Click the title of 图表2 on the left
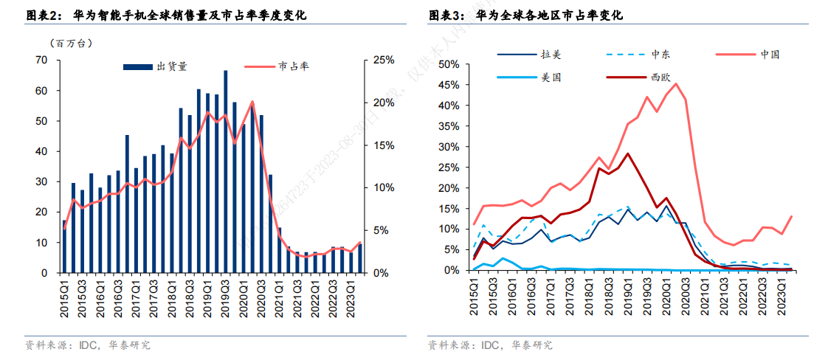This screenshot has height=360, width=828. coord(165,15)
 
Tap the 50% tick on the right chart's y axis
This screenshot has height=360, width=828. coord(449,64)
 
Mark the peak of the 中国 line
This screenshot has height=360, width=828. coord(676,83)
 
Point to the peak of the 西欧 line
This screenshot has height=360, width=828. coord(627,153)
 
